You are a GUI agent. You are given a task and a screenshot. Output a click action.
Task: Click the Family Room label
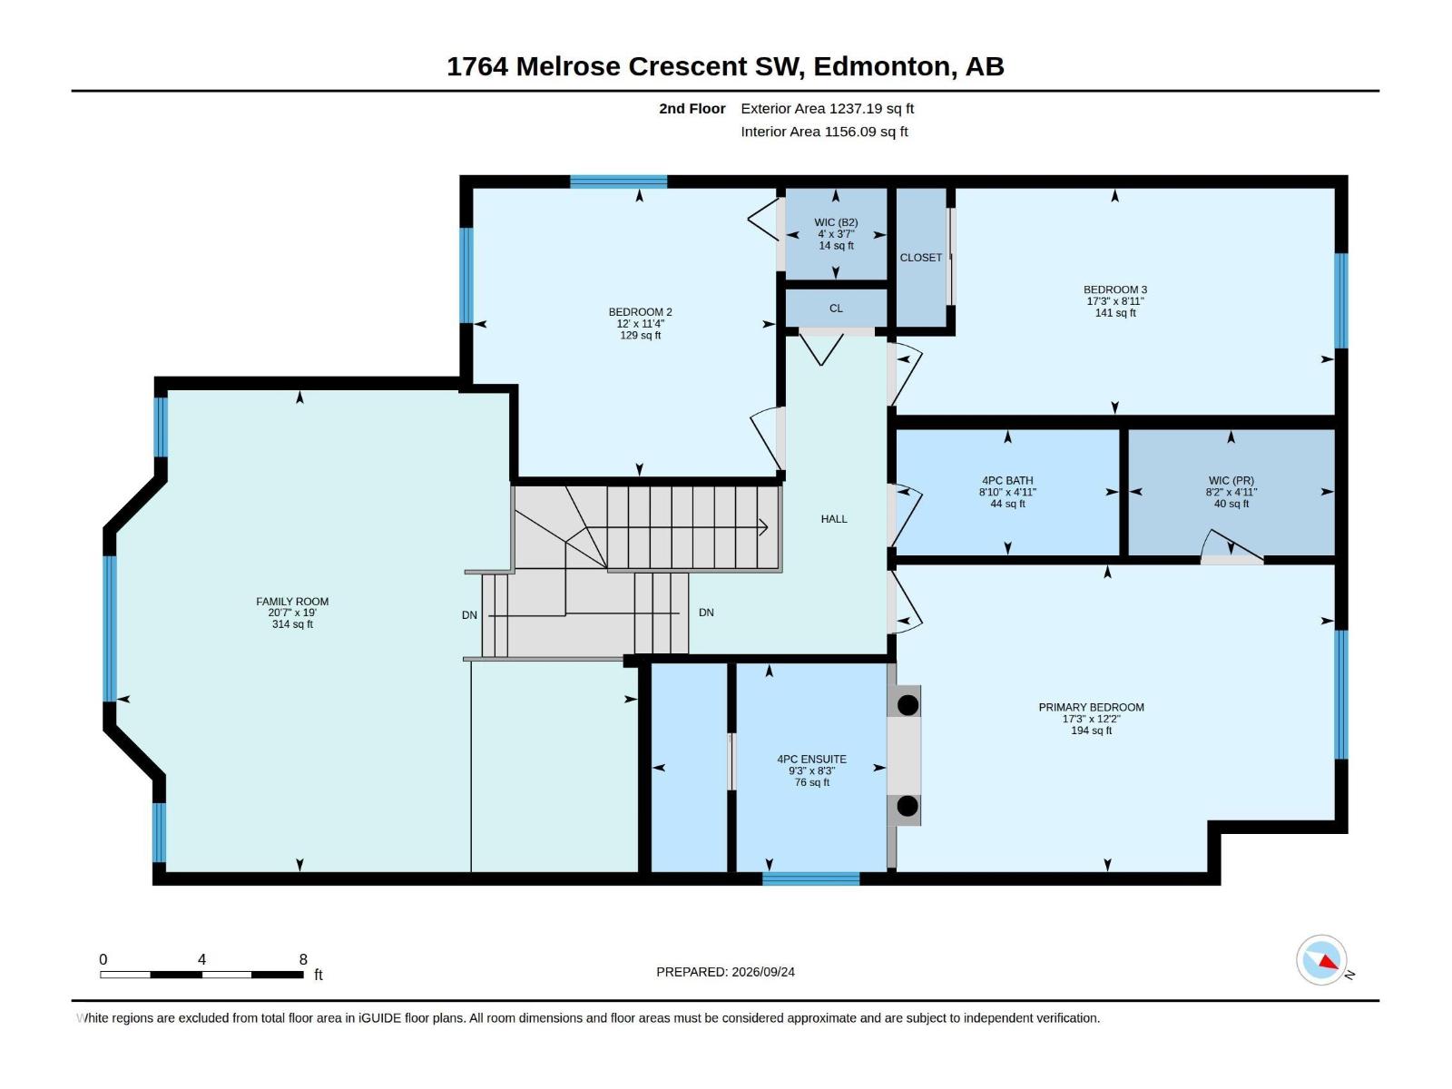292,601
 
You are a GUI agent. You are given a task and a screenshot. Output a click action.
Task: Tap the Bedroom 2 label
641,312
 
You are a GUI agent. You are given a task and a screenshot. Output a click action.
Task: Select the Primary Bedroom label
1092,707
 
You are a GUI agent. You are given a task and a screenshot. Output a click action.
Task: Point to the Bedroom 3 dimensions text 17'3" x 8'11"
1115,301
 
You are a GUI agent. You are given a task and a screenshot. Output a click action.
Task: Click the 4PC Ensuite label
811,759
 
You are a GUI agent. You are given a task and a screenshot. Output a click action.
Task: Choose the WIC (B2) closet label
836,222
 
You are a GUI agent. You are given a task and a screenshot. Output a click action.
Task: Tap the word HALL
834,519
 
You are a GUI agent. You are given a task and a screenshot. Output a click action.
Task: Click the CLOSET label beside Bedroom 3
921,257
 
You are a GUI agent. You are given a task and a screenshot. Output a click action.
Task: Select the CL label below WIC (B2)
836,309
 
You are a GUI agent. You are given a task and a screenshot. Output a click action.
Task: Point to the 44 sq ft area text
1007,504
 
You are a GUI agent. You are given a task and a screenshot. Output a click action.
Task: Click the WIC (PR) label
1231,481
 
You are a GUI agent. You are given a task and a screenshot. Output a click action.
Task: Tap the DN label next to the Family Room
469,615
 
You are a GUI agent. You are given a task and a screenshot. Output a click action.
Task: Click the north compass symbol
1321,959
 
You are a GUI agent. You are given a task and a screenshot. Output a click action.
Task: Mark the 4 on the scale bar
201,958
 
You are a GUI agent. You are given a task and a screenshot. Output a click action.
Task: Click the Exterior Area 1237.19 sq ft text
827,108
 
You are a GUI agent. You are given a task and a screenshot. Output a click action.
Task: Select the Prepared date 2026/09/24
763,972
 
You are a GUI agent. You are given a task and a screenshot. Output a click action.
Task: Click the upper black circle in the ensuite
907,705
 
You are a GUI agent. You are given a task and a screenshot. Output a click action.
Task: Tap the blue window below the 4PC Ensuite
811,878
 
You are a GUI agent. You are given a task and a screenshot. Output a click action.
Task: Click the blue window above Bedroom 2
619,181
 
